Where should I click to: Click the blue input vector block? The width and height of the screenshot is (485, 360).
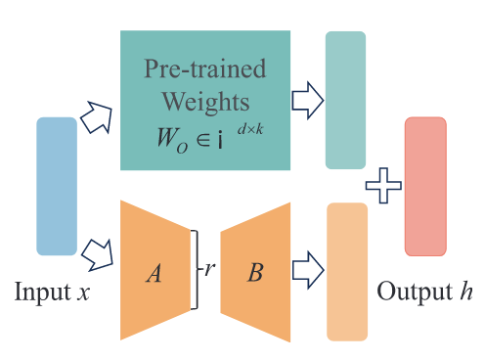[57, 186]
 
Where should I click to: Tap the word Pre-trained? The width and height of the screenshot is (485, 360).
[205, 68]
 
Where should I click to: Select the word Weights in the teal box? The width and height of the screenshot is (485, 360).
[205, 102]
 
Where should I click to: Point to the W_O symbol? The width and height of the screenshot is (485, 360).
[172, 141]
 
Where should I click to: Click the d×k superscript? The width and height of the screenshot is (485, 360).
[250, 129]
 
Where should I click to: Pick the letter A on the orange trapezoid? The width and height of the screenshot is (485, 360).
[154, 273]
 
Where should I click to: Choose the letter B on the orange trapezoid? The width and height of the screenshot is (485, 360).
[255, 272]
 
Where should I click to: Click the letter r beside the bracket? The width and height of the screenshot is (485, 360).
[209, 269]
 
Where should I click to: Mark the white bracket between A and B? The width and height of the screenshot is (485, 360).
[195, 270]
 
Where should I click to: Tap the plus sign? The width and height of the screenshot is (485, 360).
[383, 186]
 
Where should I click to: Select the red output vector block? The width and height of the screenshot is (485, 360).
[425, 186]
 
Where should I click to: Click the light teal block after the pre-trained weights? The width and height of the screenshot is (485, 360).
[345, 100]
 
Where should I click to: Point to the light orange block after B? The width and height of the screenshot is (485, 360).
[347, 272]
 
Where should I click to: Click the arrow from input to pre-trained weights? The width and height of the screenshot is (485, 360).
[97, 117]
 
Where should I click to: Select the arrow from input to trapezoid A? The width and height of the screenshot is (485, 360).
[98, 255]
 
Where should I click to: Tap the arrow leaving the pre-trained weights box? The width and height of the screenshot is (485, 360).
[308, 101]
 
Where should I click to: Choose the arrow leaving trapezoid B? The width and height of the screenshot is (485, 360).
[308, 270]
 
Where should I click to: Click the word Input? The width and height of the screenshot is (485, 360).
[42, 292]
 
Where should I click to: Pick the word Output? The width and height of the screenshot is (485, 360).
[415, 292]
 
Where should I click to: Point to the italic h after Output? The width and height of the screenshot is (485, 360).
[466, 291]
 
